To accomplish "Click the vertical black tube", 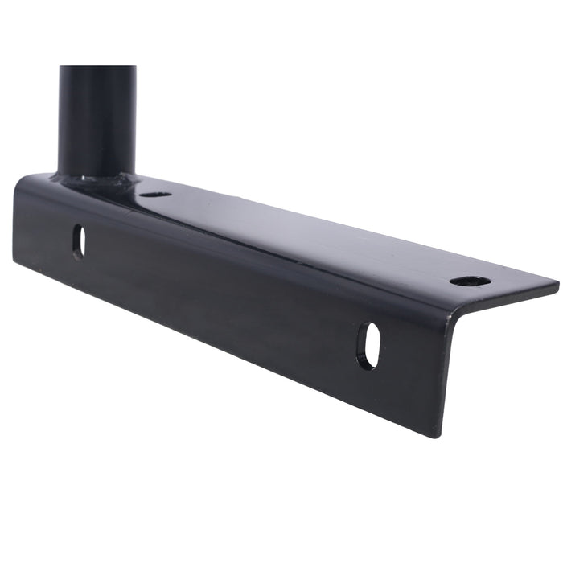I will (x=97, y=121).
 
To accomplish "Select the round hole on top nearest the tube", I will (x=154, y=194).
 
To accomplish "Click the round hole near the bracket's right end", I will (x=470, y=281).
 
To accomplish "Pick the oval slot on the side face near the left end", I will (x=79, y=241).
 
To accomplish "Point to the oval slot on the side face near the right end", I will (x=368, y=346).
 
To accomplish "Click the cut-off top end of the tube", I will (x=97, y=68).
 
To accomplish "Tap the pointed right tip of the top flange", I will (x=557, y=284).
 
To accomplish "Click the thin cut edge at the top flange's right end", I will (x=507, y=298).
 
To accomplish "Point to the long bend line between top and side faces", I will (x=241, y=241).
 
